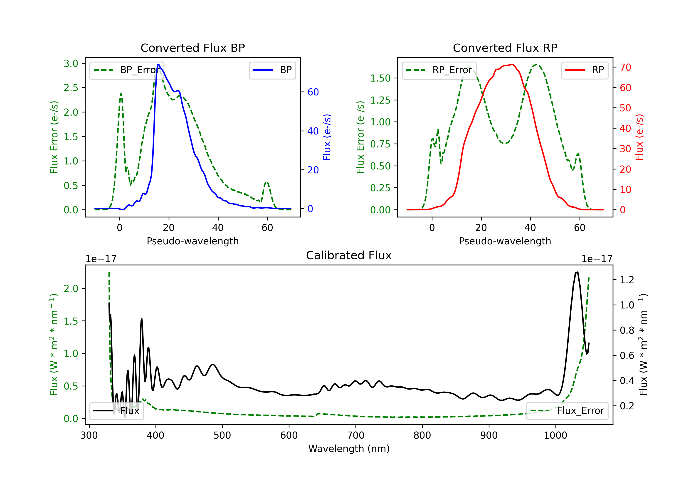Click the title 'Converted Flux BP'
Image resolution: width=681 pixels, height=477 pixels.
(x=192, y=48)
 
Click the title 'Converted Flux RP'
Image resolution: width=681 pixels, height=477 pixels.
(x=505, y=48)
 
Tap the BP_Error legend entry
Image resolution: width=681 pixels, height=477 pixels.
(x=127, y=70)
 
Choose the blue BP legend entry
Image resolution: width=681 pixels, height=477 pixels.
(x=272, y=70)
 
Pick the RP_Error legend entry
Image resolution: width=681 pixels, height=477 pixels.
(x=439, y=70)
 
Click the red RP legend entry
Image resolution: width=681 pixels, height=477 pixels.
(x=585, y=70)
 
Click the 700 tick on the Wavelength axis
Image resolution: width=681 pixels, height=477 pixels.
(x=356, y=435)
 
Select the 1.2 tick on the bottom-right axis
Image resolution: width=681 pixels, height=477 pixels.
(x=627, y=280)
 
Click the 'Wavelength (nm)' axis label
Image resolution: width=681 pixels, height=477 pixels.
(x=349, y=449)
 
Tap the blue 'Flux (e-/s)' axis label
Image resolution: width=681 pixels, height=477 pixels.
(x=327, y=137)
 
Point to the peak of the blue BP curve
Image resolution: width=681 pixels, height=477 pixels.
(x=158, y=65)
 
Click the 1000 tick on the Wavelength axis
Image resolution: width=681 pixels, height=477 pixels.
(x=555, y=435)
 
